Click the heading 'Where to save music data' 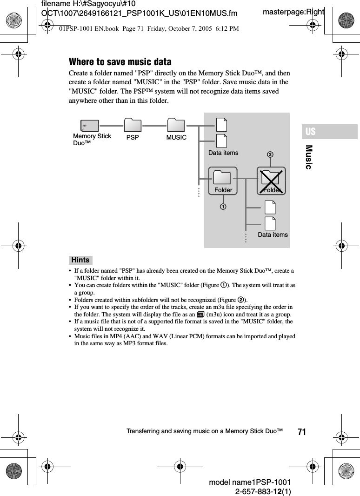tap(120, 62)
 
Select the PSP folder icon tap(133, 125)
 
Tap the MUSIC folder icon tap(176, 125)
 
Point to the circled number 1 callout tap(223, 206)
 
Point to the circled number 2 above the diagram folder tap(269, 154)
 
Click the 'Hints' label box tap(80, 260)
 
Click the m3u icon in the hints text tap(200, 315)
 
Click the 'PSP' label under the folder tap(133, 138)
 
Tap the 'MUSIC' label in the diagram tap(176, 138)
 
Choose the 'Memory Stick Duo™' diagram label tap(92, 139)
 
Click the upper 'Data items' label tap(223, 153)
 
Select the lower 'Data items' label tap(273, 235)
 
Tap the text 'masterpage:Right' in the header tap(293, 12)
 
